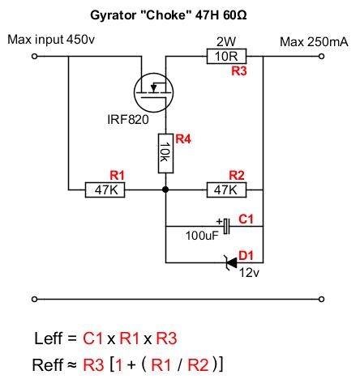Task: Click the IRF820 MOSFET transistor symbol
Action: [x=153, y=92]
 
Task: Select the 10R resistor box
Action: [x=226, y=56]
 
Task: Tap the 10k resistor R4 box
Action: [x=165, y=153]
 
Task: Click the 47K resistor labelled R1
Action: [x=105, y=190]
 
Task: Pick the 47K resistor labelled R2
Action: [x=226, y=190]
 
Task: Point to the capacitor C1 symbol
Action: [x=226, y=226]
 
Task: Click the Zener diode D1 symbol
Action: [x=231, y=262]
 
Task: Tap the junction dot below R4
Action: [x=165, y=189]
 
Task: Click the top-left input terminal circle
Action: [x=34, y=57]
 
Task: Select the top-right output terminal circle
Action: [x=321, y=57]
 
